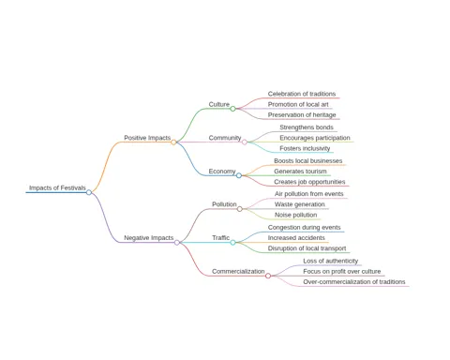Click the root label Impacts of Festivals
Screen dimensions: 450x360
point(57,187)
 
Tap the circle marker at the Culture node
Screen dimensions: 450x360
point(232,109)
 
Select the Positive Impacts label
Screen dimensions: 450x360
point(147,138)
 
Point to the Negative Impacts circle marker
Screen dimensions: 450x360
point(177,243)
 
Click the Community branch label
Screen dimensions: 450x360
point(225,138)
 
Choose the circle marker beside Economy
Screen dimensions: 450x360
point(239,175)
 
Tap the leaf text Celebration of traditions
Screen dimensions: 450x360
point(302,94)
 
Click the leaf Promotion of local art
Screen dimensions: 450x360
point(298,104)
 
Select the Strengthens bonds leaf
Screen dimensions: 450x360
point(307,127)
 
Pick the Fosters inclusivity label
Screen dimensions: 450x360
point(305,148)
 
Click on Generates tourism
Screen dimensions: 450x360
point(300,172)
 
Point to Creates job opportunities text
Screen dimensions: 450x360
point(309,182)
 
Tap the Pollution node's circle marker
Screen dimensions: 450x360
point(240,209)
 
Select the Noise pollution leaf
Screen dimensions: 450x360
point(296,215)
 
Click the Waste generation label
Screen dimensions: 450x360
point(300,204)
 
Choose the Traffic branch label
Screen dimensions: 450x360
point(221,238)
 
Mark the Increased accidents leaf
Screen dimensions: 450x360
point(296,238)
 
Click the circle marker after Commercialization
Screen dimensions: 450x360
point(268,276)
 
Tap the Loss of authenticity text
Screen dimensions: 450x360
point(331,261)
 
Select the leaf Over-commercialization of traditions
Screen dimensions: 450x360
point(354,282)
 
